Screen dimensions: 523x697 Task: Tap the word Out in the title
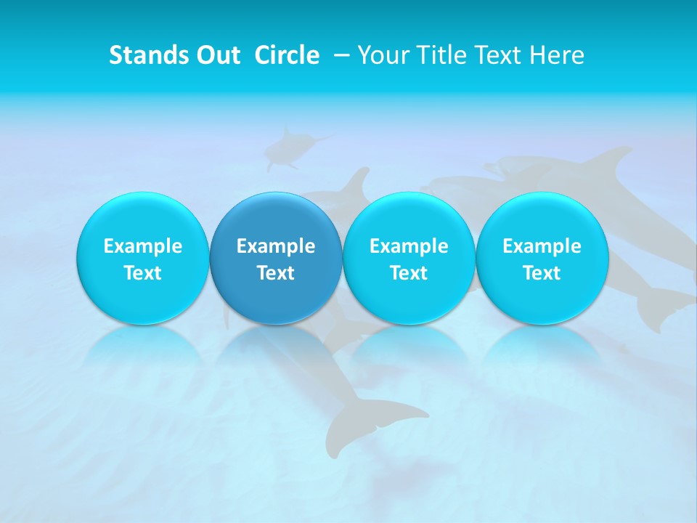click(x=217, y=55)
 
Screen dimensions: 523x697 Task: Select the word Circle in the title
click(x=287, y=55)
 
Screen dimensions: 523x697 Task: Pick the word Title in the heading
click(x=439, y=55)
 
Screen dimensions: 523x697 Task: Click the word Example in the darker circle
click(x=276, y=246)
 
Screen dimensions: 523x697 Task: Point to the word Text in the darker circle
click(x=276, y=273)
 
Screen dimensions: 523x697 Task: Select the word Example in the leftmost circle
click(x=142, y=246)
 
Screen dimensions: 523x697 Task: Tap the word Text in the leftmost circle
click(x=142, y=273)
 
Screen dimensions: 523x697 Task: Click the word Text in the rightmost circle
click(x=542, y=273)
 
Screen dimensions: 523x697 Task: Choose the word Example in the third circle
click(x=409, y=246)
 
